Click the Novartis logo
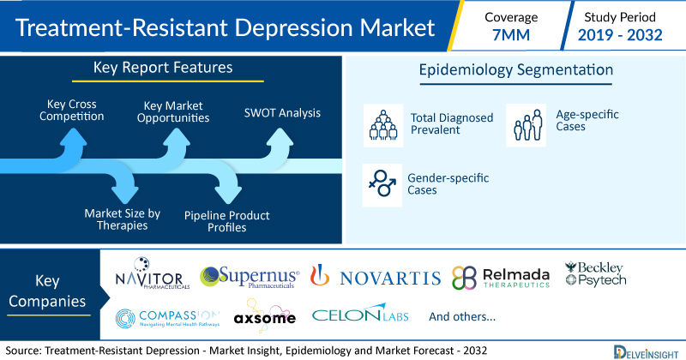tap(376, 277)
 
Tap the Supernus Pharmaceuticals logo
tap(250, 277)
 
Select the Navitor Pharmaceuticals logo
tap(153, 273)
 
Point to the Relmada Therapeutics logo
tap(501, 278)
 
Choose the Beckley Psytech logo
tap(595, 273)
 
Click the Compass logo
tap(167, 319)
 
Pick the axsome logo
tap(265, 315)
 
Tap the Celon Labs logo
tap(360, 313)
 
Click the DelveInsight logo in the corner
tap(646, 352)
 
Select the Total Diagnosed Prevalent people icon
tap(383, 125)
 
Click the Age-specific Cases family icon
tap(526, 125)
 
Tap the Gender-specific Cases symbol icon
tap(382, 185)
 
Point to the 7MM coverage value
tap(510, 35)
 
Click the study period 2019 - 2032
tap(620, 35)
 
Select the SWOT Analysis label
tap(282, 113)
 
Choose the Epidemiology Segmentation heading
tap(516, 70)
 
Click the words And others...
tap(462, 316)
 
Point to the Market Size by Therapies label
tap(123, 219)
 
